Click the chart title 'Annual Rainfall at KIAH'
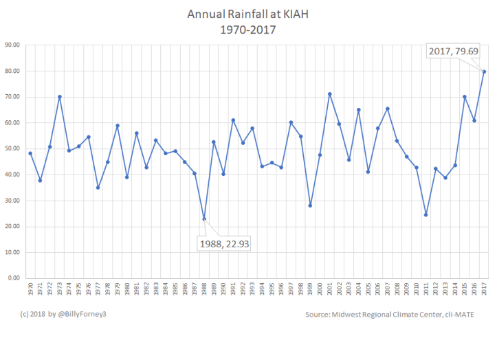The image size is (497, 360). click(248, 14)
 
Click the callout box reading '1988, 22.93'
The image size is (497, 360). click(223, 243)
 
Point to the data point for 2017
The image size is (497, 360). click(484, 71)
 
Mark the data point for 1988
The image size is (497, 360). click(204, 218)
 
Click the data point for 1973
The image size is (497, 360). click(59, 97)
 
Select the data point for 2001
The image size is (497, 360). click(329, 93)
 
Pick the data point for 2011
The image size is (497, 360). click(426, 214)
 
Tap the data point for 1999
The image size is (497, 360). click(310, 205)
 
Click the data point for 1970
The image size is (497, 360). click(30, 153)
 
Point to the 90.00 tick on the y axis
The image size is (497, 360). click(12, 45)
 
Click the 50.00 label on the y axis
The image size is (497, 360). click(12, 149)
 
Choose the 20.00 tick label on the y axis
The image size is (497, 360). click(12, 227)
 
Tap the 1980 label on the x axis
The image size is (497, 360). click(127, 289)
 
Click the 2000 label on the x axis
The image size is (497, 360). click(320, 289)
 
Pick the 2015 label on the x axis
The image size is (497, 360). click(465, 289)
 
